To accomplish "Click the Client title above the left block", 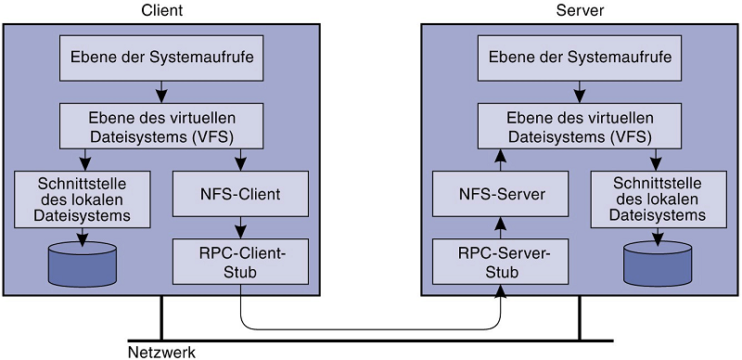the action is pos(161,10).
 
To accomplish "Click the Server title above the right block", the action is pos(580,10).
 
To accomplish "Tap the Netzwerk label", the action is pos(161,353).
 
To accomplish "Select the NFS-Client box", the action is pos(241,194).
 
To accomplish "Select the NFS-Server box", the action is pos(501,194).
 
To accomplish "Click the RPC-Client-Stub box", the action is pos(241,262).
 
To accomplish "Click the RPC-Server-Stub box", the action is pos(501,262).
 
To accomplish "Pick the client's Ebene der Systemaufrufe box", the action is pos(161,58).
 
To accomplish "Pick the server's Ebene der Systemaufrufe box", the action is pos(580,58).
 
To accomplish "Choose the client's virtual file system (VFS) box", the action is pos(161,125).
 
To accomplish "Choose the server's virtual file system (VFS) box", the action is pos(580,125).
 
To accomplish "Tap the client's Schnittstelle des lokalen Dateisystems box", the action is pos(83,199).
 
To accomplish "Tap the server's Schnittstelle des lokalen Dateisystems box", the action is pos(659,199).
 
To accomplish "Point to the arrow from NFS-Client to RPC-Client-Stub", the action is pos(241,228).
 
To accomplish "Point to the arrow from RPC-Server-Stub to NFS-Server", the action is pos(501,228).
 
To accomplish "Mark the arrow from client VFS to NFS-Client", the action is pos(241,160).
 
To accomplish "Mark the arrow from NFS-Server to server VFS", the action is pos(501,160).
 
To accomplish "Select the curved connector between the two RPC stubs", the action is pos(370,328).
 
